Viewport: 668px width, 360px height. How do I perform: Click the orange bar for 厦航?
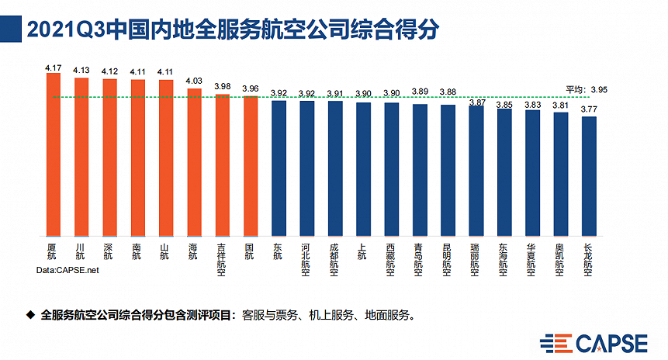(53, 155)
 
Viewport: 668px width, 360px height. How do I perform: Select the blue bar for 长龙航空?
(589, 176)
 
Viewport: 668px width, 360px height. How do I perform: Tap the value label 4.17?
(53, 68)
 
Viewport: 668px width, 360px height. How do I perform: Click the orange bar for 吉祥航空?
(222, 164)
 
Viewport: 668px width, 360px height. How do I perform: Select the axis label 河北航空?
(307, 258)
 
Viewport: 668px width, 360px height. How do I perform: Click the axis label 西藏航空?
(391, 258)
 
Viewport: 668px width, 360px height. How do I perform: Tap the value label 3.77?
(589, 111)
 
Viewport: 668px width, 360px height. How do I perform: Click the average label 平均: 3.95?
(587, 89)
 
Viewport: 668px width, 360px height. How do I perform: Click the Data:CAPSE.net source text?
(68, 271)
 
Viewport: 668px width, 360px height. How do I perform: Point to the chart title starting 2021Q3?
(233, 30)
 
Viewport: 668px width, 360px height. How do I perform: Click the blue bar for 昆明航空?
(448, 171)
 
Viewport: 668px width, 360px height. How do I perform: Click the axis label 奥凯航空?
(560, 258)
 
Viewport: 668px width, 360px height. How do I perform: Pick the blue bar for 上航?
(363, 169)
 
